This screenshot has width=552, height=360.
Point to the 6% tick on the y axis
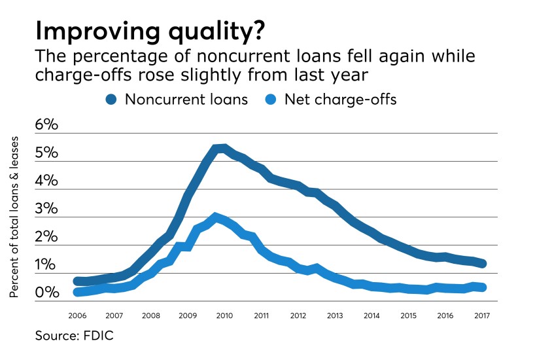tap(46, 126)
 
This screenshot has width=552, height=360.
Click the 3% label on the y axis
tap(46, 209)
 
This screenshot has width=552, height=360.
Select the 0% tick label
tap(46, 293)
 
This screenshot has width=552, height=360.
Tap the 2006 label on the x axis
tap(78, 315)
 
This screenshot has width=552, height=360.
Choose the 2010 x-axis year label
tap(224, 315)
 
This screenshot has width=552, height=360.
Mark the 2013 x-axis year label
tap(334, 315)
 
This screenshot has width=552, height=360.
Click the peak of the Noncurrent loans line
tap(223, 148)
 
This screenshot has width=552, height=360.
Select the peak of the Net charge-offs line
tap(215, 216)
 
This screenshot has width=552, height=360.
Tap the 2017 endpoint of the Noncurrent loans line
tap(481, 264)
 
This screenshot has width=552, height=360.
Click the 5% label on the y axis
tap(46, 154)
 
